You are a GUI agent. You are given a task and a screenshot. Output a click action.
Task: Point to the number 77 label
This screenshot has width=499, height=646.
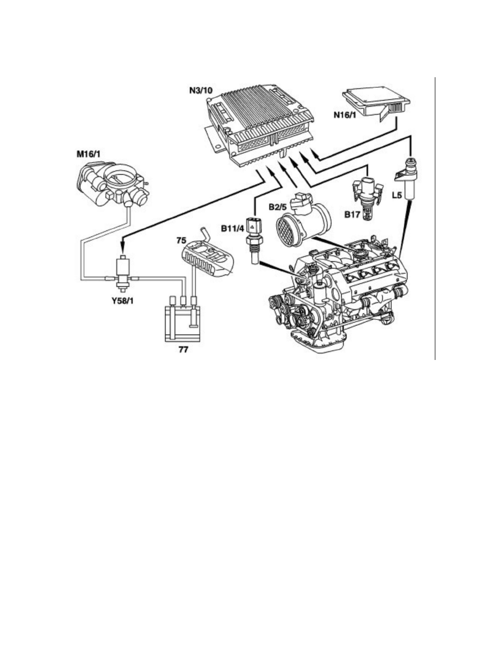183,350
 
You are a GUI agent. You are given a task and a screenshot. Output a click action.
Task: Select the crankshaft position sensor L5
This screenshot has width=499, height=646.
407,179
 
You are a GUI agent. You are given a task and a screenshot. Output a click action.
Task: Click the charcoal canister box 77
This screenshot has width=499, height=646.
183,323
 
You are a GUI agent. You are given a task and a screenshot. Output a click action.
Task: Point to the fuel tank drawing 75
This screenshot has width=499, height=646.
210,258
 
